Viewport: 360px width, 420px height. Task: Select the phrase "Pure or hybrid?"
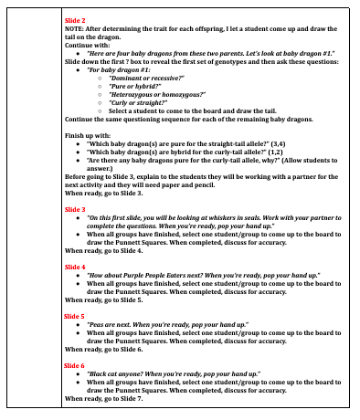click(129, 86)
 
